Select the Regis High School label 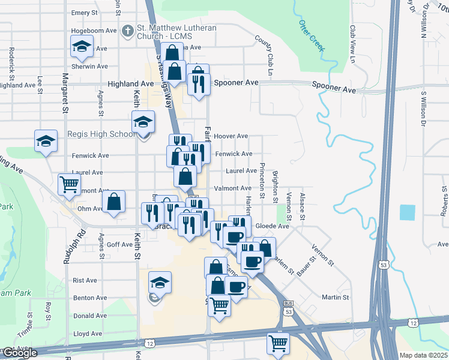click(x=101, y=134)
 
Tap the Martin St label click(x=336, y=297)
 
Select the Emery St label click(x=84, y=12)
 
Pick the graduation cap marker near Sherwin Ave click(x=81, y=46)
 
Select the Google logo click(x=19, y=353)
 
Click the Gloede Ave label click(x=273, y=226)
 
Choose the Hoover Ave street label click(x=231, y=136)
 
